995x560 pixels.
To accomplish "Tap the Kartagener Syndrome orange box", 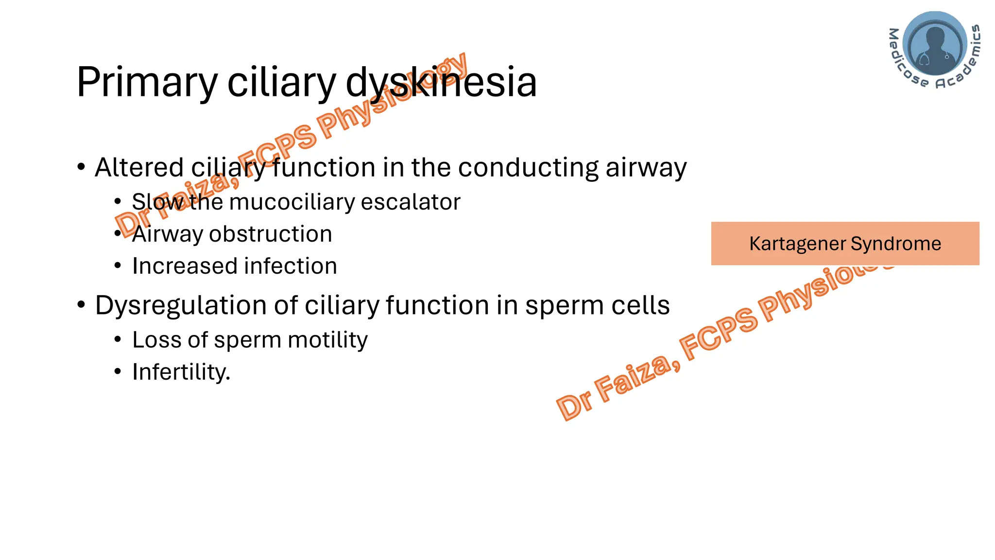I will point(845,244).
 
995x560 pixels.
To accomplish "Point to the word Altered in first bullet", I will point(139,167).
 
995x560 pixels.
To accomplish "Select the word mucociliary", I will point(292,202).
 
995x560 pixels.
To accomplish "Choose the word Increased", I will point(185,266).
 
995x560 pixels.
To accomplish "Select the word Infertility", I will point(180,372).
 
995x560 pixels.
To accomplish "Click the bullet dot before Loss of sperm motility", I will point(118,340).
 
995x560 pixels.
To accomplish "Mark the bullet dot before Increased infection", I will point(118,266).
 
